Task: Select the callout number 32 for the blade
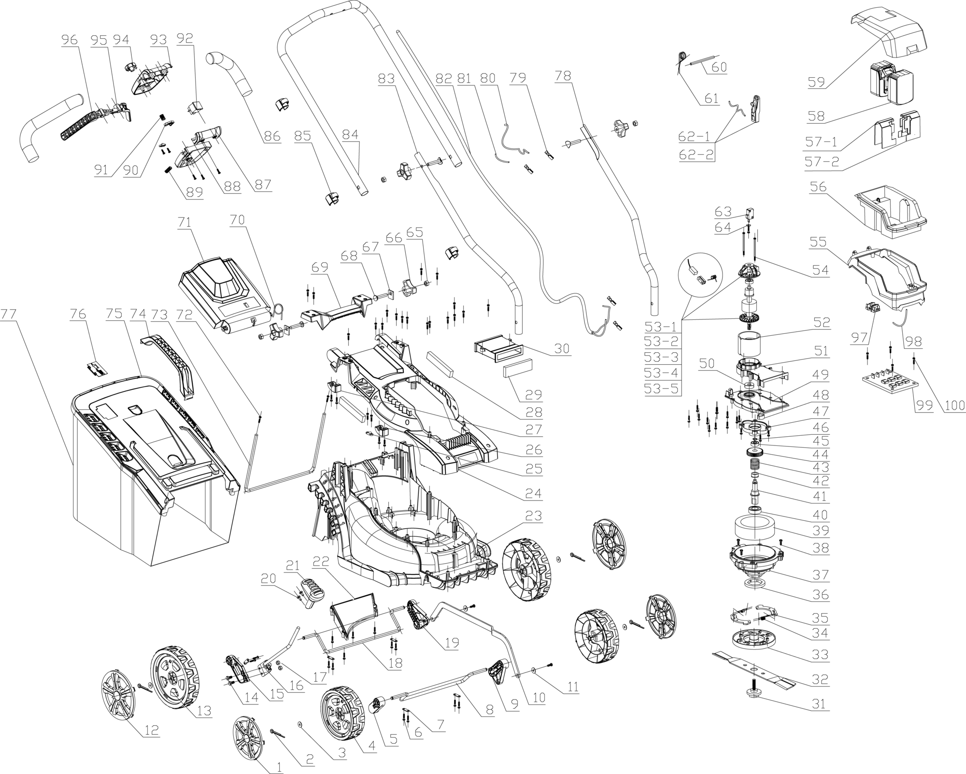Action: (x=820, y=678)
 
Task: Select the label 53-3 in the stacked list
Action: (x=661, y=358)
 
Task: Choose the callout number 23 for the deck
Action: (x=533, y=516)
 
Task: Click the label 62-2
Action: (x=696, y=155)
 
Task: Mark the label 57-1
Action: (x=821, y=142)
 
